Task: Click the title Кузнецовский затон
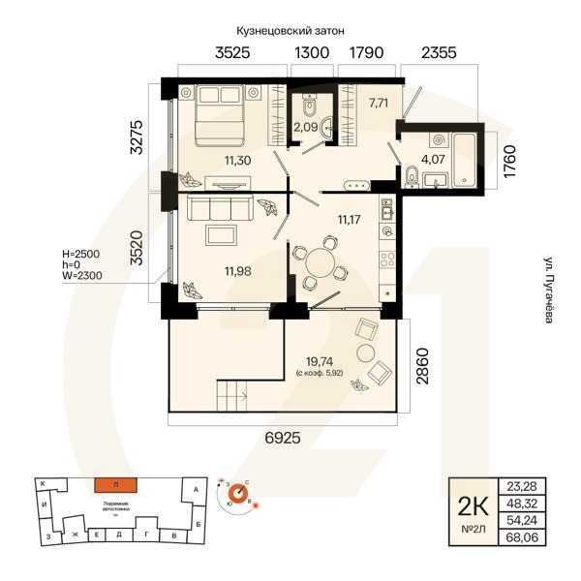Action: [x=290, y=32]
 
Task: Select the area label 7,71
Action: [x=378, y=99]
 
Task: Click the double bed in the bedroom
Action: [x=218, y=109]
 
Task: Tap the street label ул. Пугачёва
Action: [x=550, y=290]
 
